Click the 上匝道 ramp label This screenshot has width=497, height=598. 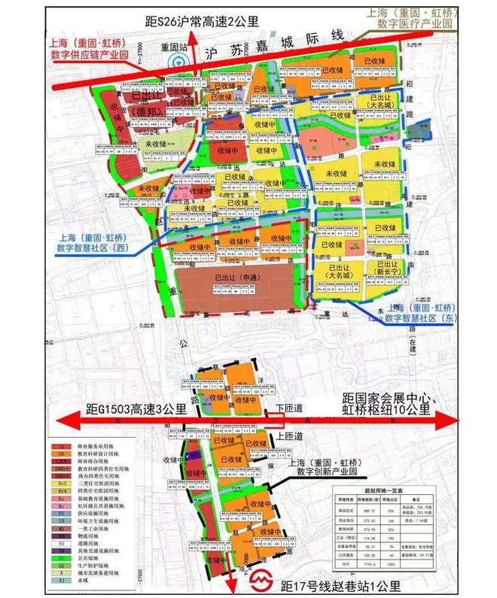pyautogui.click(x=289, y=436)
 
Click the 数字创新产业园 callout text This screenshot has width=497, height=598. pyautogui.click(x=337, y=474)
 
